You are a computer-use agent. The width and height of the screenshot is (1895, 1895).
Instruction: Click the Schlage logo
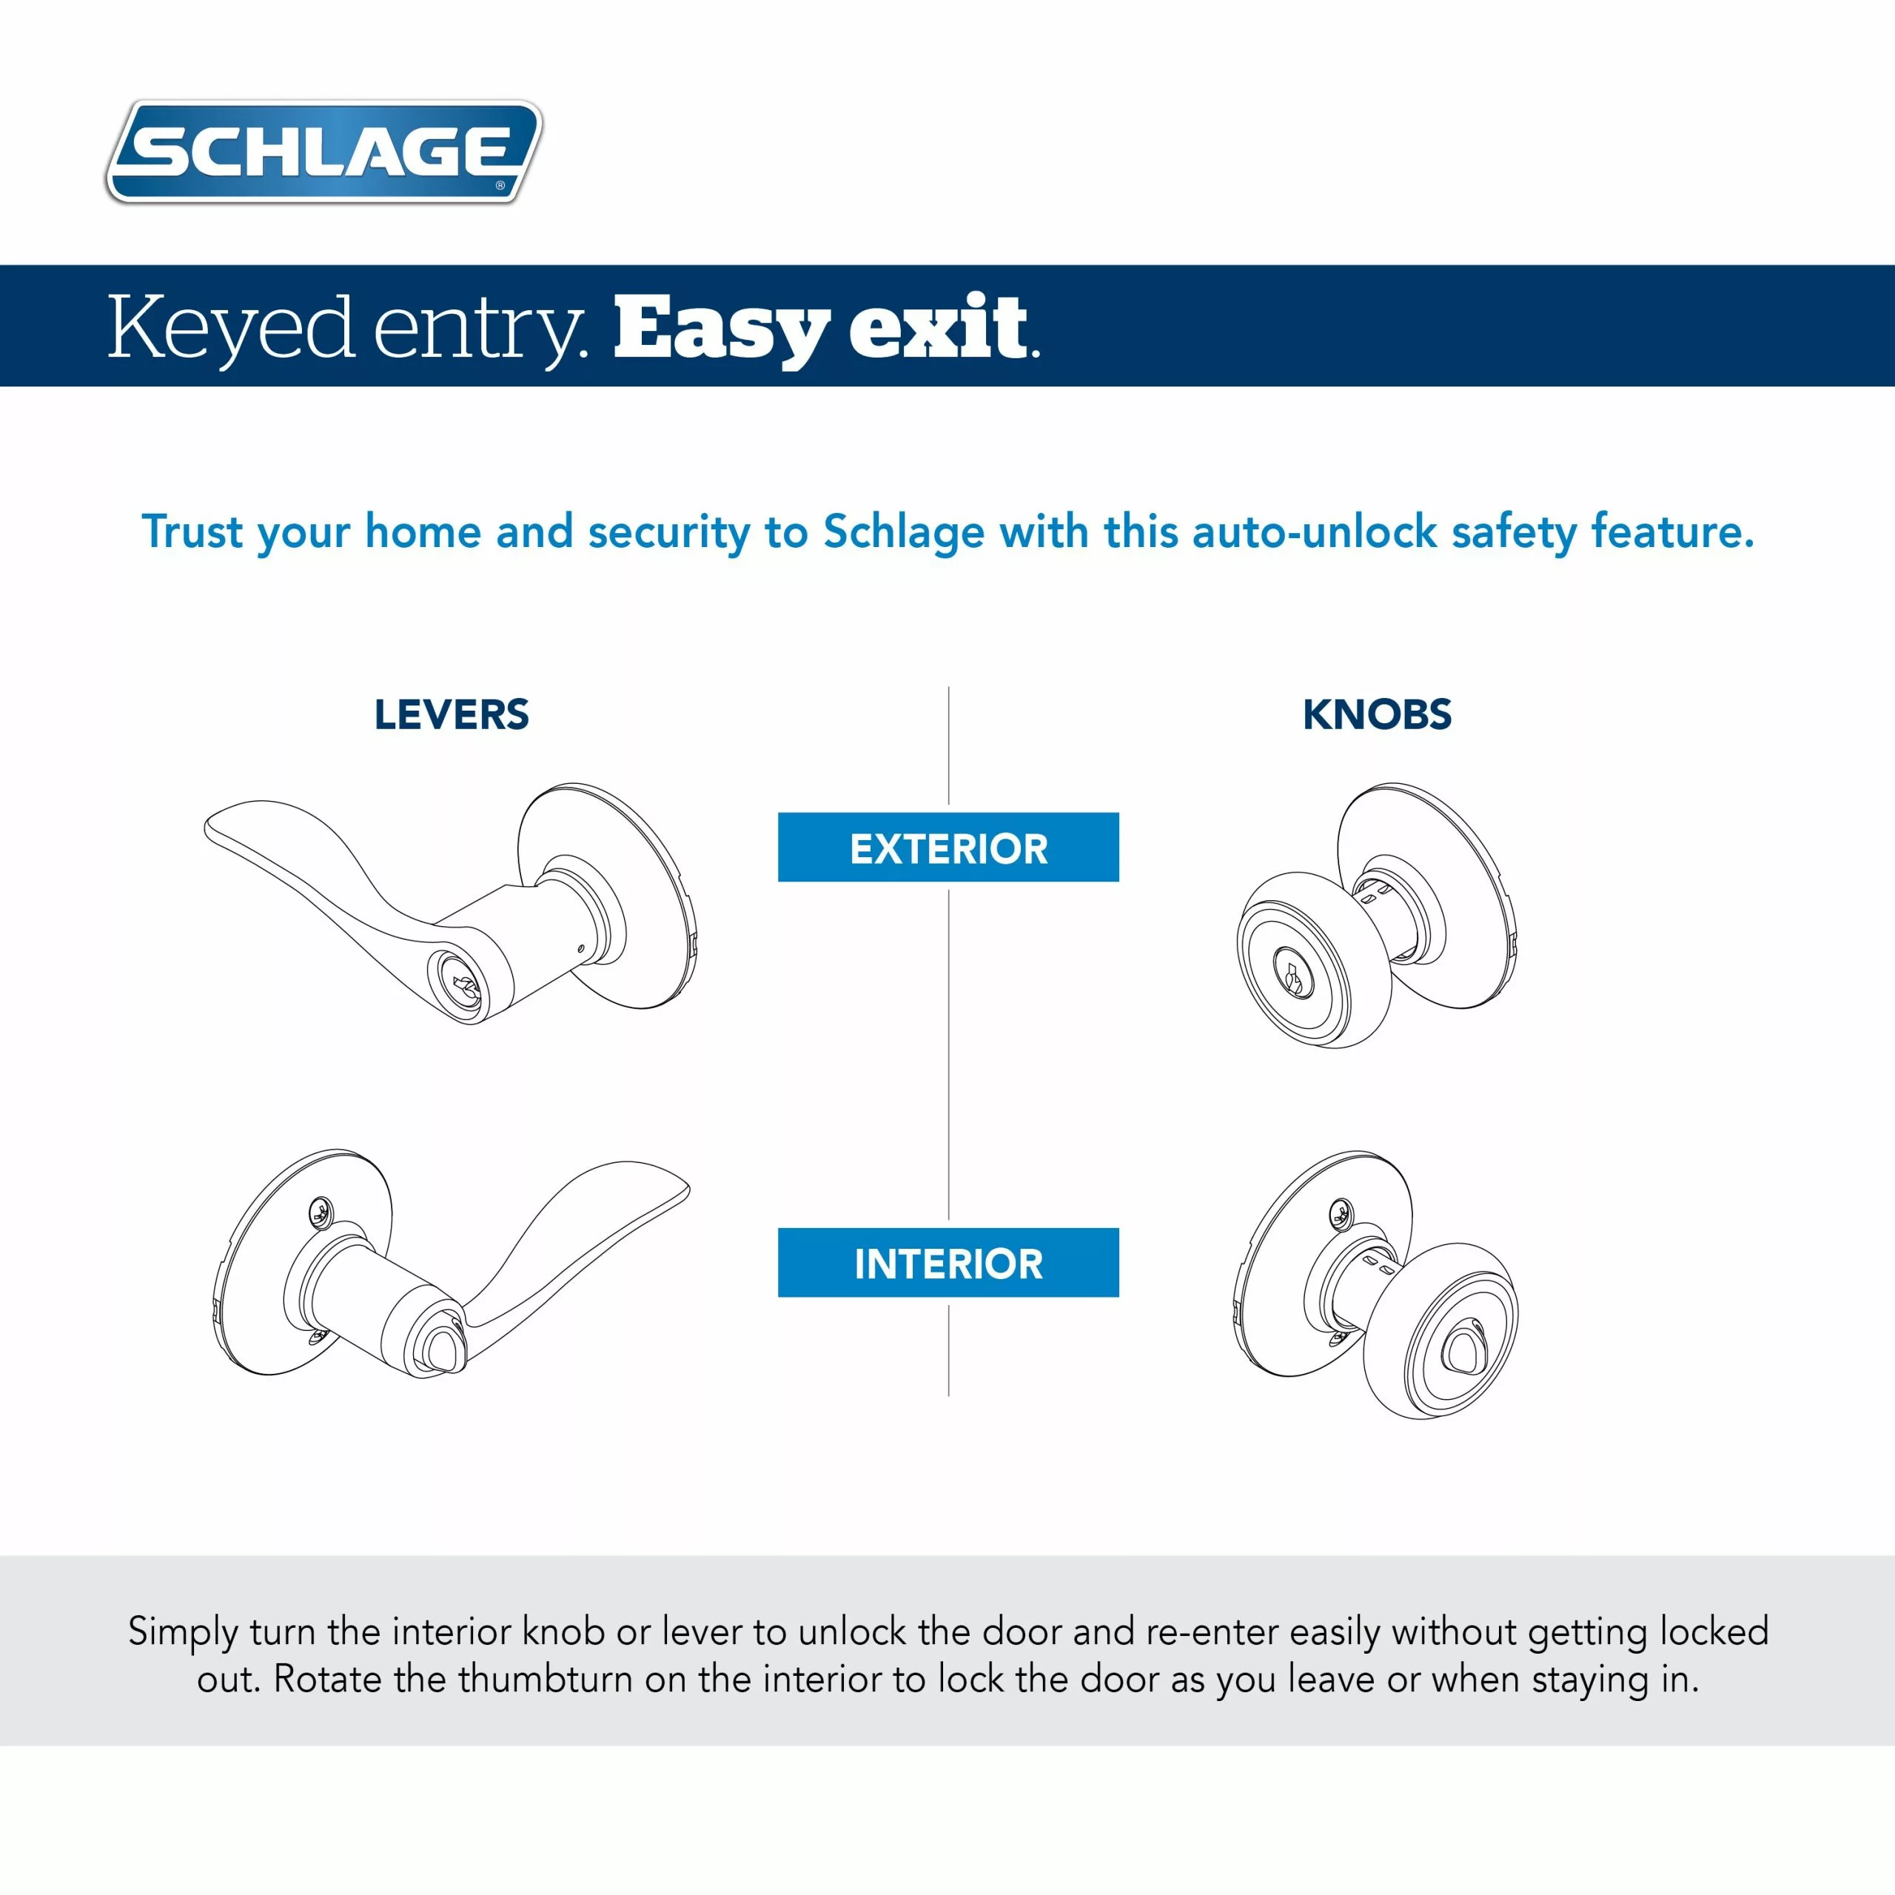[323, 152]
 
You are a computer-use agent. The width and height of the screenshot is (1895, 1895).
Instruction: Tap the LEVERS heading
[452, 714]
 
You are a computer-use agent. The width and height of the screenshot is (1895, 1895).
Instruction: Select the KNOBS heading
[1376, 714]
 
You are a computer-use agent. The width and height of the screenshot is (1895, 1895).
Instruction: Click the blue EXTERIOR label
[947, 848]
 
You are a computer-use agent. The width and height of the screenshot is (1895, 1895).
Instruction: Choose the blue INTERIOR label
[947, 1262]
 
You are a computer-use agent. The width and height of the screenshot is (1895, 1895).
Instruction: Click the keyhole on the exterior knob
[1292, 975]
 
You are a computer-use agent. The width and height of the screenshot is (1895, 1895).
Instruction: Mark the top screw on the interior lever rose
[320, 1213]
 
